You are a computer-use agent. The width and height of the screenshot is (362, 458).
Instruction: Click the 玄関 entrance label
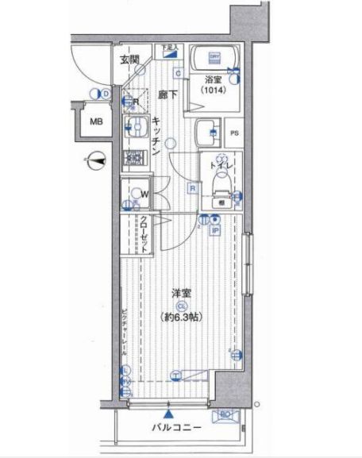coord(130,59)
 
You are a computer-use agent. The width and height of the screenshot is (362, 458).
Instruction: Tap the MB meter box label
coord(96,122)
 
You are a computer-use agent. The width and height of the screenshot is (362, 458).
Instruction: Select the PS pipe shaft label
coord(235,133)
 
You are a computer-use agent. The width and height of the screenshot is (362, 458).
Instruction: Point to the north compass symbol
coord(95,160)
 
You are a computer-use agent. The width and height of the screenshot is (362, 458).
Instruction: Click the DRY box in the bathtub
coord(214,57)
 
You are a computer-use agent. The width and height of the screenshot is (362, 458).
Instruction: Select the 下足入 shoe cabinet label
coord(169,48)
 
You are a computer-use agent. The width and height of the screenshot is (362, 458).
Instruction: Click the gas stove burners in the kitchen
coord(133,156)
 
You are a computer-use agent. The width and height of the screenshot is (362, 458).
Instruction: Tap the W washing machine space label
coord(145,192)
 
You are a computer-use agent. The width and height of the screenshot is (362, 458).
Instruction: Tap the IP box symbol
coord(215,231)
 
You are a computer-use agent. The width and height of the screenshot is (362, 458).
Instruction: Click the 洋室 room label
coord(182,292)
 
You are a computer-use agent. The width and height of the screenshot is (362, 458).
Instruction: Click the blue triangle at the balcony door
coord(168,413)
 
